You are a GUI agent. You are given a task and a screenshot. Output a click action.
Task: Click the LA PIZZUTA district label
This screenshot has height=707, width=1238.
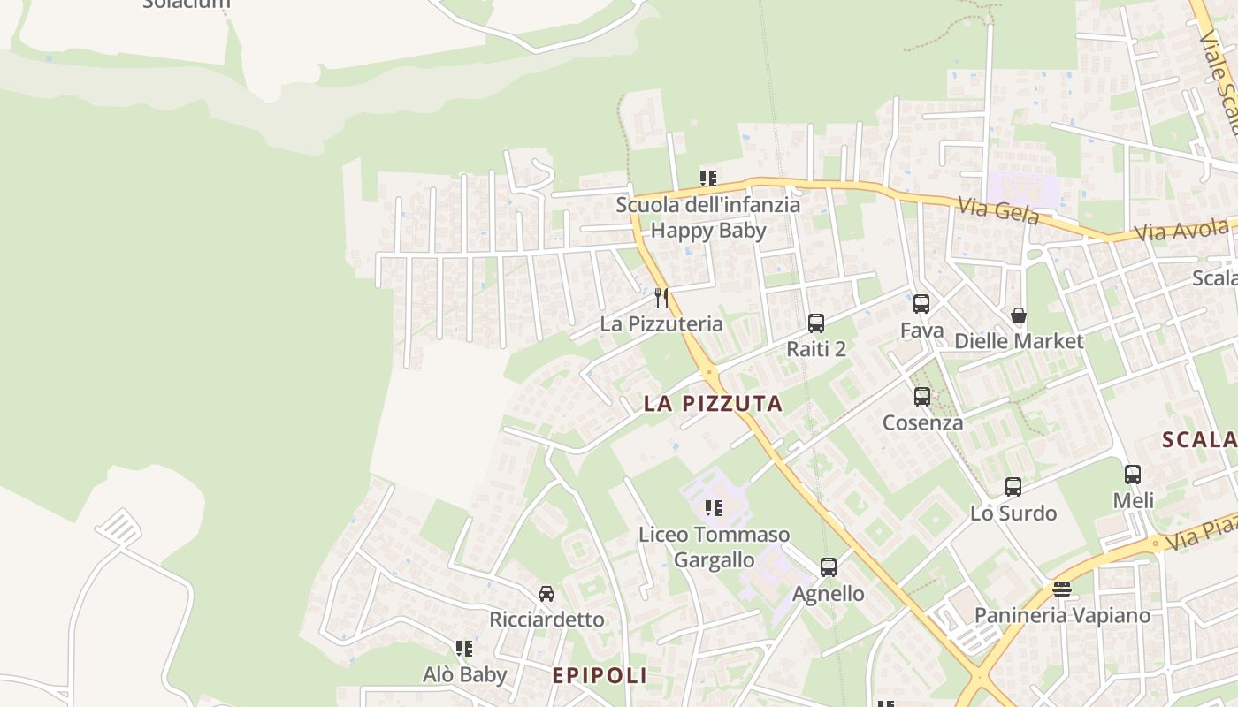pos(713,404)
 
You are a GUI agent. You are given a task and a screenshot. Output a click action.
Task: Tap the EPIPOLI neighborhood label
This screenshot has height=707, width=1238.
pos(600,676)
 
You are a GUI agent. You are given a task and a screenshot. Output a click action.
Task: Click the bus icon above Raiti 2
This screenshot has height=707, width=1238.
pos(816,323)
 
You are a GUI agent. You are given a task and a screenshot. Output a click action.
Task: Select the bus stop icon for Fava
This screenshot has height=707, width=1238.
pos(921,304)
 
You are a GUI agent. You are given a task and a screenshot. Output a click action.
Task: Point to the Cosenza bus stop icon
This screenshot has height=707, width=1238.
pos(922,397)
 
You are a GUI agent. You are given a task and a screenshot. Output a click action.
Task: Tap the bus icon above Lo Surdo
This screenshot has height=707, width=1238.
pos(1013,487)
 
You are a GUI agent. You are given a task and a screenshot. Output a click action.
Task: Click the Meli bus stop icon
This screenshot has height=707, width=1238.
pos(1133,475)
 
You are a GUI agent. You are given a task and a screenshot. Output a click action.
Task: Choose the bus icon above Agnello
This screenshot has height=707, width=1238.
pos(829,567)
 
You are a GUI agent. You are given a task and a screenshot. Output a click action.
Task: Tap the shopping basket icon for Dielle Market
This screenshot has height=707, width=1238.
pos(1019,315)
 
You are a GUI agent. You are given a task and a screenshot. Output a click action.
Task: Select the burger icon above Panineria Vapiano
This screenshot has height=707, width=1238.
pos(1062,589)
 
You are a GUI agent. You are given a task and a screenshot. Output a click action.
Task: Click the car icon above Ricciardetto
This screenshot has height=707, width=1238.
pos(546,594)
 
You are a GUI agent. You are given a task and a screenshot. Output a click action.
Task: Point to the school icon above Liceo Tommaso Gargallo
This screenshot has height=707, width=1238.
pos(714,508)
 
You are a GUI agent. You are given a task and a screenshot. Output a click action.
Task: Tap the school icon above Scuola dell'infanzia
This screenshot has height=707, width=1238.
pos(708,179)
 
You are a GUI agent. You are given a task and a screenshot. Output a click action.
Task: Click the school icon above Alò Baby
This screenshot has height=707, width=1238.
pos(464,649)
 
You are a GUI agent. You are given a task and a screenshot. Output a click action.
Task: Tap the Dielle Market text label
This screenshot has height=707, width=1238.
pos(1019,341)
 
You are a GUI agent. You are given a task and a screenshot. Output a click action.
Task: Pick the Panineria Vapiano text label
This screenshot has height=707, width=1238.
pos(1062,615)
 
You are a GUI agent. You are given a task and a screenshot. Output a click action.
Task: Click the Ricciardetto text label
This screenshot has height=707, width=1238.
pos(546,620)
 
